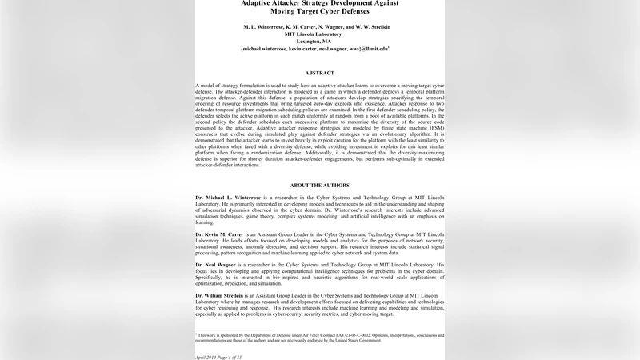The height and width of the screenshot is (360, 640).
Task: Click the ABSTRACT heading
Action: [x=320, y=73]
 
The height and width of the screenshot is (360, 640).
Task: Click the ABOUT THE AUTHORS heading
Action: [x=320, y=185]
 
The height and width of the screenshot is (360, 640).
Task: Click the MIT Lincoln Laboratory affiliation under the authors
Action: [x=320, y=34]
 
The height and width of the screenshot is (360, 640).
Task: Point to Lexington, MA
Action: [x=320, y=42]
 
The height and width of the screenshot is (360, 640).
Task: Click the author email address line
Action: [x=320, y=50]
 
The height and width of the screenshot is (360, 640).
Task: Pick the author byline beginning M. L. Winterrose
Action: [x=320, y=27]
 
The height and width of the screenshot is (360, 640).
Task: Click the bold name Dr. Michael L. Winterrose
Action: [x=230, y=197]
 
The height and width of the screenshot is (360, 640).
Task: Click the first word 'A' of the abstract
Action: [x=198, y=84]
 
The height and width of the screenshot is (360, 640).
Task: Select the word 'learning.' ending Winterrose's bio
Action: [x=206, y=222]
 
